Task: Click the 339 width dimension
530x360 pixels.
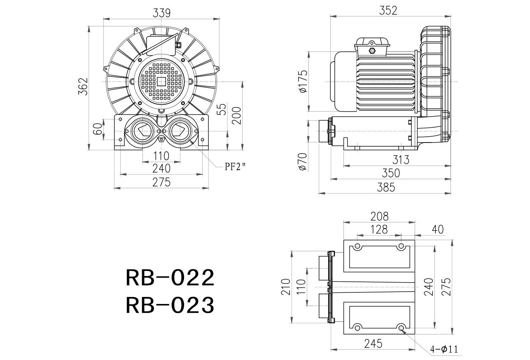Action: [161, 13]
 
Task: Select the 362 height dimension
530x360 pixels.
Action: [83, 86]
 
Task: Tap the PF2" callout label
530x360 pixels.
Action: [235, 167]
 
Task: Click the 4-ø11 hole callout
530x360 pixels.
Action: [444, 349]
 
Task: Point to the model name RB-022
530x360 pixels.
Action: [170, 277]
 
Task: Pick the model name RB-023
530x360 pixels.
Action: [170, 305]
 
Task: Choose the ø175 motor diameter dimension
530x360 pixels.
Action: [304, 81]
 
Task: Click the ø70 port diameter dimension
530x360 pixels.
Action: [303, 161]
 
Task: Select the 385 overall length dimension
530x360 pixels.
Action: [386, 187]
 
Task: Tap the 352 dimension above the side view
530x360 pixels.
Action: [388, 11]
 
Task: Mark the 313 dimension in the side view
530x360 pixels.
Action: [401, 160]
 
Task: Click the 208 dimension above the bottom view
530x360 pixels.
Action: [380, 216]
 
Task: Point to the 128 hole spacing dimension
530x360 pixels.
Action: [379, 229]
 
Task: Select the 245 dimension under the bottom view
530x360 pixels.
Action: [374, 344]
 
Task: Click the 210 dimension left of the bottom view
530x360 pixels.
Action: [286, 287]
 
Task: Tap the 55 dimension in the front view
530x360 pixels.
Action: [222, 109]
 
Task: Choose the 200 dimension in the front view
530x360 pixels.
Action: [236, 116]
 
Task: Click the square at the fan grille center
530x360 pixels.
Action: [161, 82]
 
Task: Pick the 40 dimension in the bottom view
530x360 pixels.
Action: [438, 229]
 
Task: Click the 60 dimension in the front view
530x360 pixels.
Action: [98, 129]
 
